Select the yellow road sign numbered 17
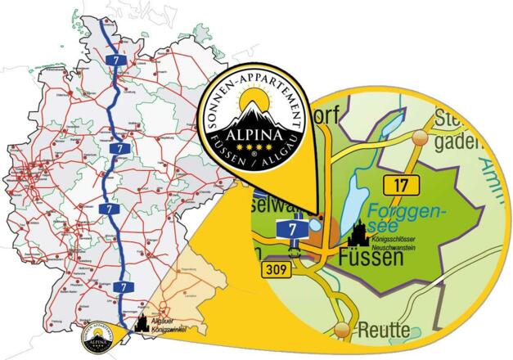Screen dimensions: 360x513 pyautogui.click(x=400, y=184)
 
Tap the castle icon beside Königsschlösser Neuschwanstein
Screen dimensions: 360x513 pyautogui.click(x=358, y=236)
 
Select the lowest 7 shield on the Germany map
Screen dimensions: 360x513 pyautogui.click(x=122, y=287)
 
